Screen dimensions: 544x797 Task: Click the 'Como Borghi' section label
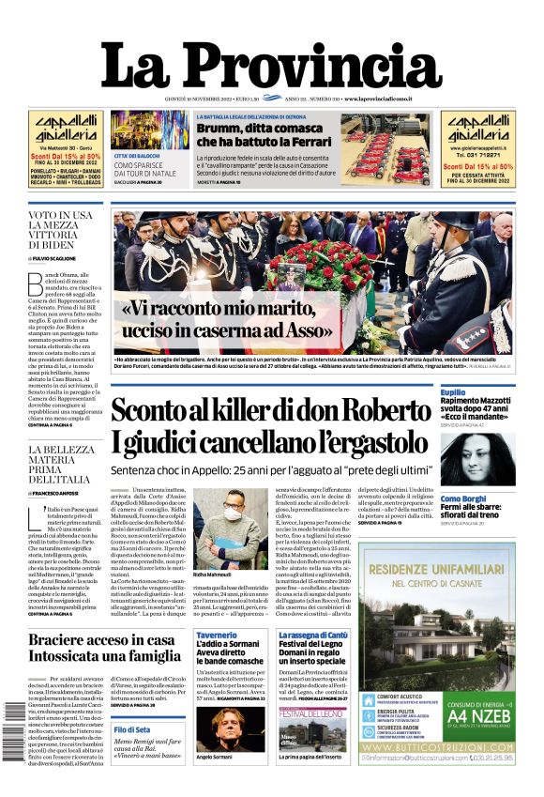click(463, 498)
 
